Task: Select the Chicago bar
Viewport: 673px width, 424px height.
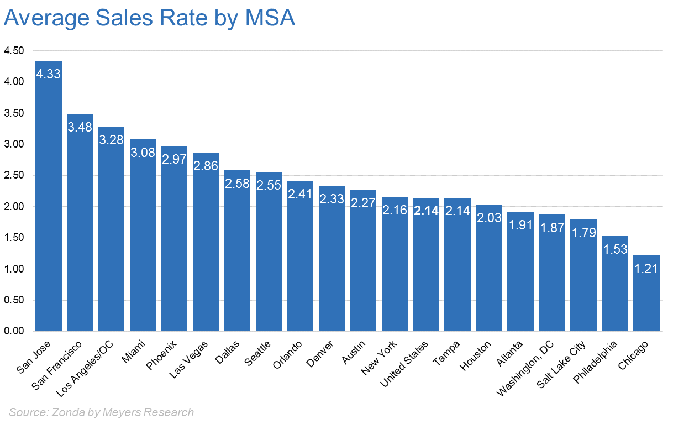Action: click(x=646, y=293)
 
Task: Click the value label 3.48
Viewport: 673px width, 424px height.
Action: click(x=80, y=127)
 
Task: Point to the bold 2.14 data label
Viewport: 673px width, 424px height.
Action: click(x=426, y=211)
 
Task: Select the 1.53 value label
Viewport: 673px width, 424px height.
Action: click(x=615, y=249)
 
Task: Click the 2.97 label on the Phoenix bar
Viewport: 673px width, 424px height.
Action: click(x=174, y=159)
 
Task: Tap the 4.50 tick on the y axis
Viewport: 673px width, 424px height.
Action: click(x=14, y=51)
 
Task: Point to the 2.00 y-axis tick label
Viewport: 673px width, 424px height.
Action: click(x=14, y=207)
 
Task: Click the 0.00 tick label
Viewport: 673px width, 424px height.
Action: click(x=14, y=331)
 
